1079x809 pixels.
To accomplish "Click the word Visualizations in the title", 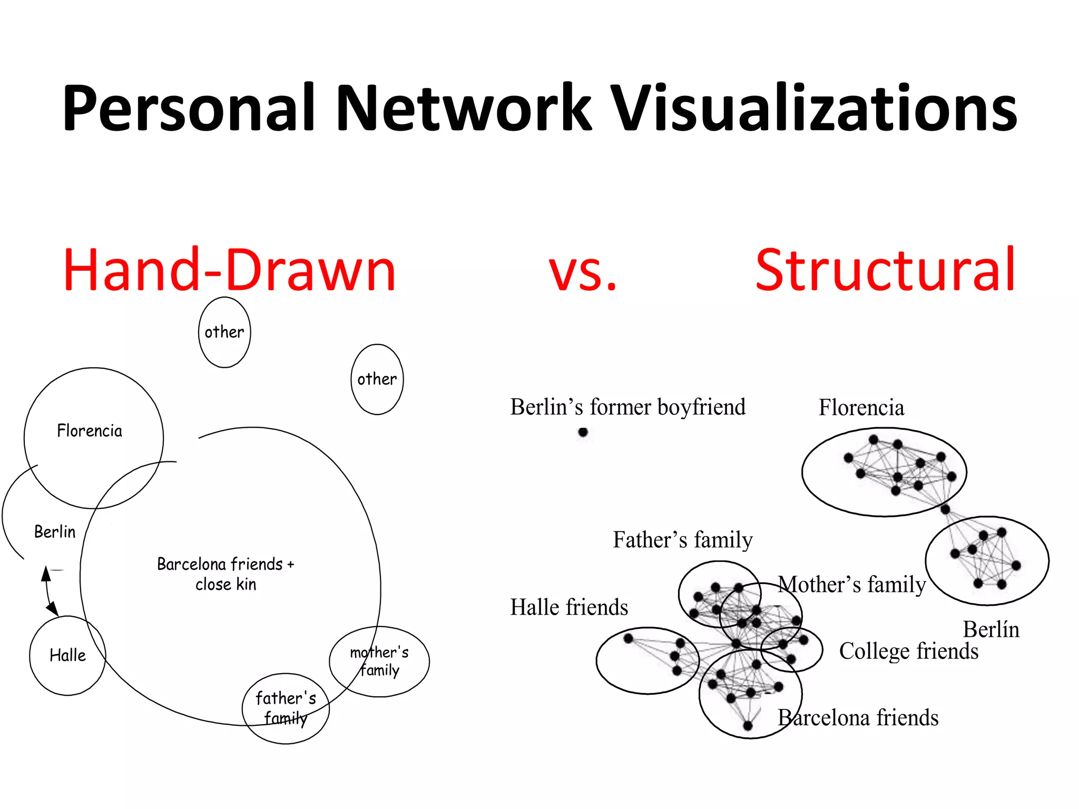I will [815, 108].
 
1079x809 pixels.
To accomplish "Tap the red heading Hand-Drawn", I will [229, 270].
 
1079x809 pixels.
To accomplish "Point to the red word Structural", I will [885, 270].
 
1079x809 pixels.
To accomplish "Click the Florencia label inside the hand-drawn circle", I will [90, 431].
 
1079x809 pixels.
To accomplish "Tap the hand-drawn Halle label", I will [67, 655].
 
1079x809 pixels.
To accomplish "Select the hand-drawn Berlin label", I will [55, 531].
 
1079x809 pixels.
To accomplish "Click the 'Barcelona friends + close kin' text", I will [225, 574].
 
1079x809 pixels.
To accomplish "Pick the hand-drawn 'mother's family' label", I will [379, 661].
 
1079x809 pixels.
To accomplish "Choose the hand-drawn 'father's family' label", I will [286, 708].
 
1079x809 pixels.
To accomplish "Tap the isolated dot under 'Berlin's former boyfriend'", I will [583, 432].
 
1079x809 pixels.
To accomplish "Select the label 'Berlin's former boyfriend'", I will [627, 407].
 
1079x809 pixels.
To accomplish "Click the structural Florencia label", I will [861, 408].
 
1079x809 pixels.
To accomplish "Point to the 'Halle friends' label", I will [569, 607].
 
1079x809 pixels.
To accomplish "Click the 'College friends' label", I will [909, 652].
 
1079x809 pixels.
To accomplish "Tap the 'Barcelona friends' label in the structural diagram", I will [858, 718].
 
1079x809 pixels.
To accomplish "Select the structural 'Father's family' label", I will [683, 540].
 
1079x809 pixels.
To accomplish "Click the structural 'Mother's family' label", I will [852, 585].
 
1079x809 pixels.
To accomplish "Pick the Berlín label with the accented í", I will [991, 629].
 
